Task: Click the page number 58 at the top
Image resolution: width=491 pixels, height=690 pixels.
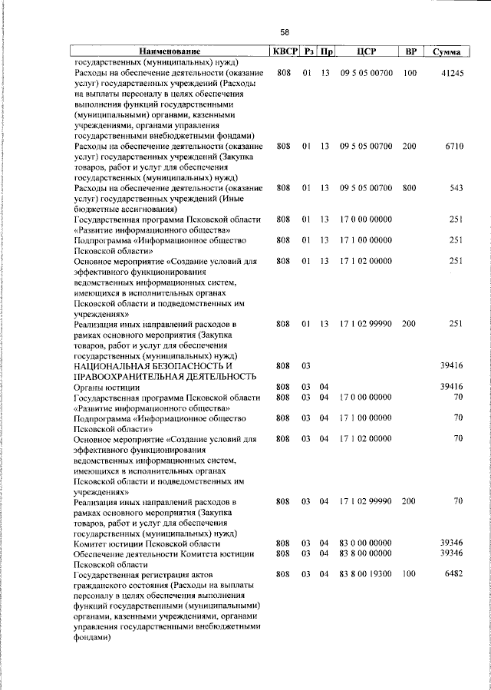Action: coord(285,31)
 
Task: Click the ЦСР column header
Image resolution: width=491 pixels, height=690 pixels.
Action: coord(366,51)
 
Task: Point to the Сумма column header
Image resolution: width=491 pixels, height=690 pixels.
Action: coord(447,51)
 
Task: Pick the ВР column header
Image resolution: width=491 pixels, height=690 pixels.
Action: coord(411,51)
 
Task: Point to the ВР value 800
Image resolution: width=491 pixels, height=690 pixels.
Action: coord(409,187)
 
